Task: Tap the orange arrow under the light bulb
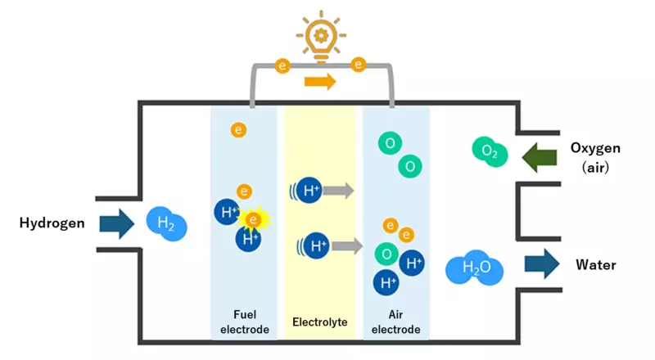tap(320, 81)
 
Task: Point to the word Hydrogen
tap(52, 223)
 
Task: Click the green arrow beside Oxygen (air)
tap(541, 155)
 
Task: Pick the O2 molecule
tap(490, 151)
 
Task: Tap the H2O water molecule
tap(474, 268)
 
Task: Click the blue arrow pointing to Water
tap(541, 263)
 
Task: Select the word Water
tap(595, 265)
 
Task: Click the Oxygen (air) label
tap(595, 155)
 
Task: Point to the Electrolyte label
tap(320, 321)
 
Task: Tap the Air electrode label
tap(396, 321)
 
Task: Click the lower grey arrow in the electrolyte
tap(347, 245)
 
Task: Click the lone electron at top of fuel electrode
tap(238, 129)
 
